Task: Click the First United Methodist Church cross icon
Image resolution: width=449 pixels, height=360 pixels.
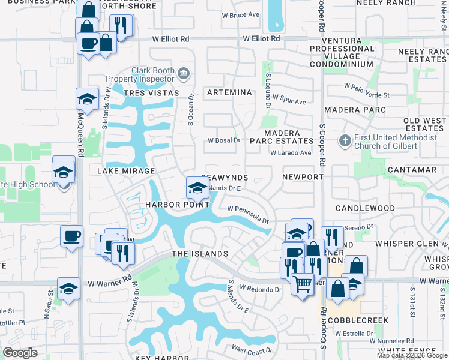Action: (345, 140)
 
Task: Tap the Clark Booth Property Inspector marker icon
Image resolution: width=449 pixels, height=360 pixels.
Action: (184, 74)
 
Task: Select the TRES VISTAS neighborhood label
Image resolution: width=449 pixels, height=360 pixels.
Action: (151, 93)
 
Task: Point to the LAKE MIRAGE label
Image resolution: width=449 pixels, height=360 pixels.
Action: (126, 171)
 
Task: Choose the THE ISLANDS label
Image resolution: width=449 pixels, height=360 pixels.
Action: (200, 254)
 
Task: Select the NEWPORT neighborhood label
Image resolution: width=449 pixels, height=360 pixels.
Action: (303, 178)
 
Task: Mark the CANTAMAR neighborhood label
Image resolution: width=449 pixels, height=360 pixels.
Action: (412, 170)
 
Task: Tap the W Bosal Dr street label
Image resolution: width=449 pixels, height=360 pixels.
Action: (224, 140)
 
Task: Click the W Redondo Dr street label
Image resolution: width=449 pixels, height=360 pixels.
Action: (261, 289)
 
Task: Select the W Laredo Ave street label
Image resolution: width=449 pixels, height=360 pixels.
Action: (291, 153)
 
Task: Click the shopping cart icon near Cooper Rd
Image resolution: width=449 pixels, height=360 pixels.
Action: (302, 283)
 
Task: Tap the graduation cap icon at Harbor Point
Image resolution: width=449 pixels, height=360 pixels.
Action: (197, 187)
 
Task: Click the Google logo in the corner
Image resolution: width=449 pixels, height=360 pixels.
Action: (20, 353)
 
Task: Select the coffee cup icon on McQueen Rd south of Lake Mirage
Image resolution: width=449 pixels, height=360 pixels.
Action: (71, 235)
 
